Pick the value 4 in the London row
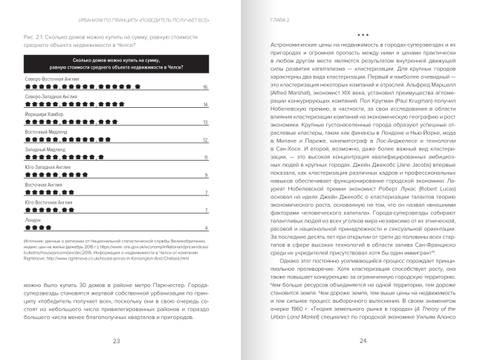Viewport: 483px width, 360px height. [x=206, y=228]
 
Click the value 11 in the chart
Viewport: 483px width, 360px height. [x=205, y=158]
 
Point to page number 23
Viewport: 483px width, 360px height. [x=116, y=341]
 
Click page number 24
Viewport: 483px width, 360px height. [x=363, y=341]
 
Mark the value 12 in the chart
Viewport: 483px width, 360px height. [x=205, y=141]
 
